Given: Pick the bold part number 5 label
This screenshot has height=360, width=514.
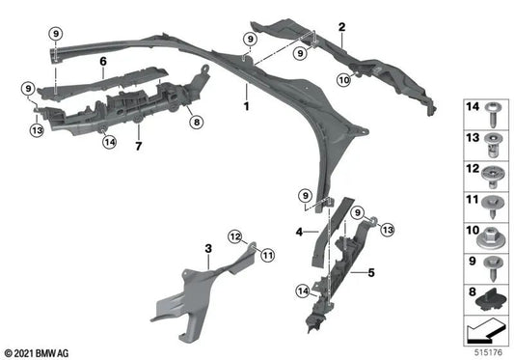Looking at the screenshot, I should [368, 273].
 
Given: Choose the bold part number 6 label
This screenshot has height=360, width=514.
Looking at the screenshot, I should [101, 60].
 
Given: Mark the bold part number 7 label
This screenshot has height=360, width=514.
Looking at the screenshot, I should [139, 146].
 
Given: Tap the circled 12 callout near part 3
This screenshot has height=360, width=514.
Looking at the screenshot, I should [235, 236].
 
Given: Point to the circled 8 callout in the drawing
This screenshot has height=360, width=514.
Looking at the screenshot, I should [196, 123].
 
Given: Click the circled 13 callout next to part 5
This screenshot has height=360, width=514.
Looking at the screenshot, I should [387, 229].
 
